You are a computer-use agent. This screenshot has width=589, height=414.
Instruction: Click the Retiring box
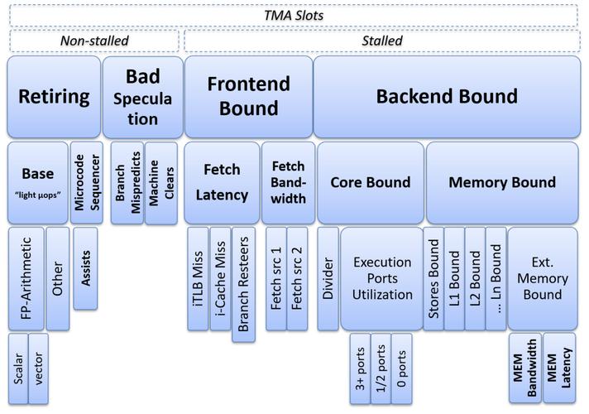tap(54, 97)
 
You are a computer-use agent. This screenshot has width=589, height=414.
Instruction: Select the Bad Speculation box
tap(143, 97)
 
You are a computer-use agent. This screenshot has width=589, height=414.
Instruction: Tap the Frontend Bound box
tap(249, 97)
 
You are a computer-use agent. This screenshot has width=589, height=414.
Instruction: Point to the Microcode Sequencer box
tap(86, 183)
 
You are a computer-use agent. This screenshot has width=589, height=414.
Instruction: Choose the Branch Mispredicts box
tap(127, 183)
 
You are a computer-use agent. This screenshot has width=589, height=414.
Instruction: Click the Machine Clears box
tap(161, 183)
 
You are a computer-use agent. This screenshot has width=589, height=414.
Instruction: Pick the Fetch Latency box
tap(222, 183)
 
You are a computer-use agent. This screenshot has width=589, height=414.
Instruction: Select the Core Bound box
tap(371, 183)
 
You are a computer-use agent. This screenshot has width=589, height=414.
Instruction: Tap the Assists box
tap(86, 268)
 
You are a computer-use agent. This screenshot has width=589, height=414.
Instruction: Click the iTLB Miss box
tap(198, 279)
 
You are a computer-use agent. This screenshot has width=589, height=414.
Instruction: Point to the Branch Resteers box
tap(243, 284)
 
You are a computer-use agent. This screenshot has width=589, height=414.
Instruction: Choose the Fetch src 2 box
tap(297, 279)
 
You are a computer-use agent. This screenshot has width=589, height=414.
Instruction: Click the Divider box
tap(328, 279)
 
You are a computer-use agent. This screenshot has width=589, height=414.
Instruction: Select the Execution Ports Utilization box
tap(382, 279)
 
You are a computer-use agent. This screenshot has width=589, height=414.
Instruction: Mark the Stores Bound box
tap(433, 279)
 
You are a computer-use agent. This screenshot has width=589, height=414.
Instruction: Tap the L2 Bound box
tap(475, 279)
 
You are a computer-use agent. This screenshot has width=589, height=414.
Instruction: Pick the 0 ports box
tap(401, 369)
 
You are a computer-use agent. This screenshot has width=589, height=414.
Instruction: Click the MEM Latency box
tap(559, 368)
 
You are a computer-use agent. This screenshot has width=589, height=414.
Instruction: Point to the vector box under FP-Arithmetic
tap(38, 369)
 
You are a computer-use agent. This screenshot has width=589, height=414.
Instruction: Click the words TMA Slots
tap(294, 16)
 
